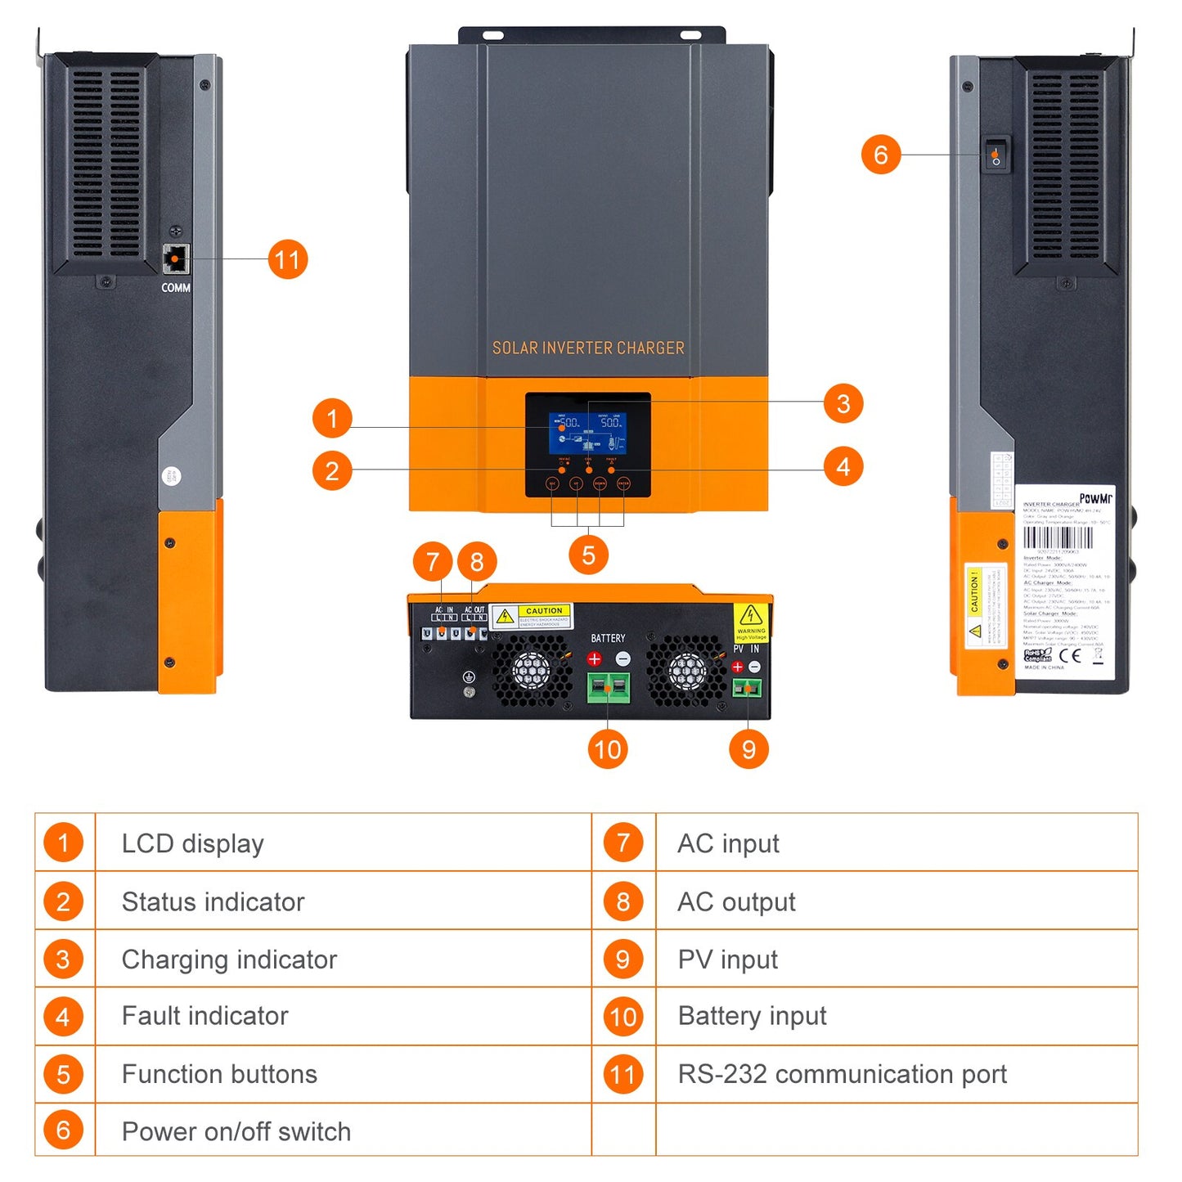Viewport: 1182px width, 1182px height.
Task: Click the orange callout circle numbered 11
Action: click(x=288, y=259)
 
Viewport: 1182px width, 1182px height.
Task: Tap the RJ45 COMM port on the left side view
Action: click(x=175, y=259)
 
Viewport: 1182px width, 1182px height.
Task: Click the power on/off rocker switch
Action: click(x=995, y=155)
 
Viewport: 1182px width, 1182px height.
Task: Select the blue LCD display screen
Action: click(x=587, y=432)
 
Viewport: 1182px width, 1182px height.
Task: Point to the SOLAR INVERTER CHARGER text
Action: click(x=588, y=348)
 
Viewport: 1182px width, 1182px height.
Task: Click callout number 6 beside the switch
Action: click(x=881, y=155)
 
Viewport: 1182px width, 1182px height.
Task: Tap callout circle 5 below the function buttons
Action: click(x=588, y=555)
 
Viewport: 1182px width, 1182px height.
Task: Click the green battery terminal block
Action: click(x=609, y=687)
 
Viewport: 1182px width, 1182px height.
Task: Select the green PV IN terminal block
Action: click(x=746, y=688)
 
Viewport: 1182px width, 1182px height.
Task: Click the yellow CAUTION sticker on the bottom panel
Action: click(x=533, y=616)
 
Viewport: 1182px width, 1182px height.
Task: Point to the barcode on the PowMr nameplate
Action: click(x=1058, y=537)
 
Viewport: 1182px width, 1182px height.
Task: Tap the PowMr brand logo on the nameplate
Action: click(x=1095, y=498)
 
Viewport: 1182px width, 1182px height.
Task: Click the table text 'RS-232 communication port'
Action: click(x=842, y=1074)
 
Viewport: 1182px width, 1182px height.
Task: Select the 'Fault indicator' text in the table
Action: click(x=204, y=1016)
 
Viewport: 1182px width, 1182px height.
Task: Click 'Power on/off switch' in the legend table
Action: click(x=236, y=1131)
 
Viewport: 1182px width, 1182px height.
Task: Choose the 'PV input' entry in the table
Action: click(x=727, y=960)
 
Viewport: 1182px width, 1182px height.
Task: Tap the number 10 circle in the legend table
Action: click(x=623, y=1017)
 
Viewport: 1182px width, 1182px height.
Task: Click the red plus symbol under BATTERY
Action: click(x=595, y=658)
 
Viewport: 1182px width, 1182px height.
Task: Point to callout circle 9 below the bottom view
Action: click(x=748, y=749)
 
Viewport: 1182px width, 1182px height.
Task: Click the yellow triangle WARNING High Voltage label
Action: click(x=750, y=622)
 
